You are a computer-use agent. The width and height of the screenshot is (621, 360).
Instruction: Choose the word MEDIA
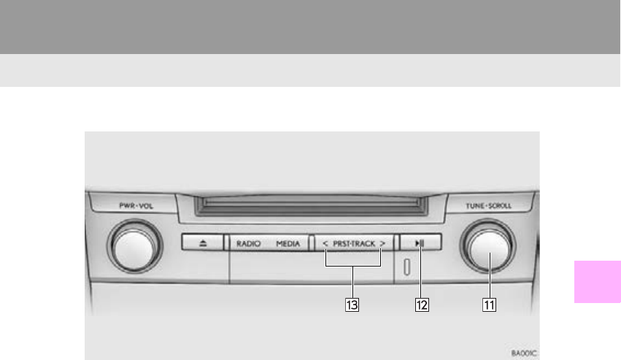[288, 245]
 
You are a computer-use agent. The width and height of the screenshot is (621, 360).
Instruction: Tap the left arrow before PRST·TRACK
[325, 245]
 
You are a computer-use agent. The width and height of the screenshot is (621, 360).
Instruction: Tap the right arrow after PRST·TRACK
[382, 245]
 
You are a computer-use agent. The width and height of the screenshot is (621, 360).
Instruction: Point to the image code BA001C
[523, 352]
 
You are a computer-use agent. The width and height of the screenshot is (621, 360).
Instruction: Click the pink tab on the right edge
[598, 281]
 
